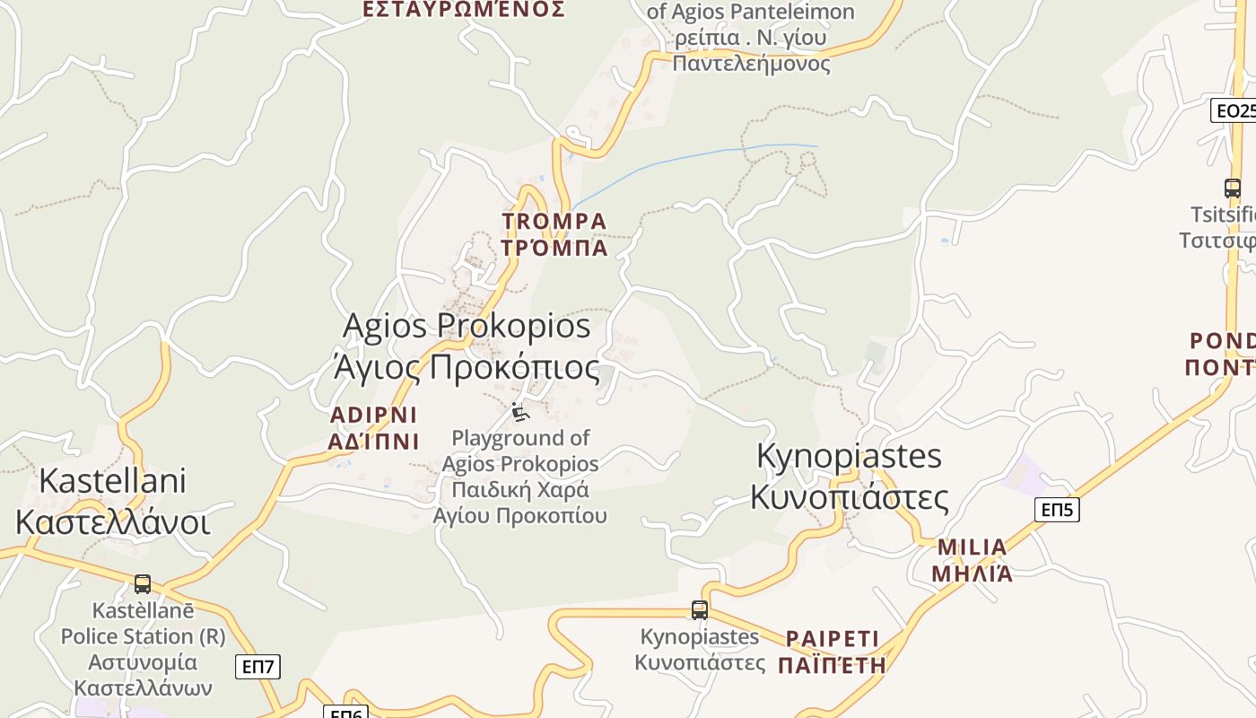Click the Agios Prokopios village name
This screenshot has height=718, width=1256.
tap(467, 346)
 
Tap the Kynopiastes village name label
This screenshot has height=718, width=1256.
tap(849, 476)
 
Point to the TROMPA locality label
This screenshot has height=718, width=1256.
tap(554, 234)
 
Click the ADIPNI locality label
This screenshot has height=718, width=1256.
tap(374, 427)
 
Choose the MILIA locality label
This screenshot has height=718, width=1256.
tap(972, 560)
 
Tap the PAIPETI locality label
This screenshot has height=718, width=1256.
tap(832, 652)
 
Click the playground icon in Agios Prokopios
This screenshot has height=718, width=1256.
tap(520, 412)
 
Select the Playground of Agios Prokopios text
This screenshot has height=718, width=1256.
tap(520, 477)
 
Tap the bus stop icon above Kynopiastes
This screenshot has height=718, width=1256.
tap(700, 610)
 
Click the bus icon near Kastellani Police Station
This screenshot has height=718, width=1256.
tap(143, 584)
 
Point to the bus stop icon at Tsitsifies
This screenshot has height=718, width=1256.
tap(1233, 188)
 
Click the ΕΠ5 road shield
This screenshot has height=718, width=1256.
tap(1057, 510)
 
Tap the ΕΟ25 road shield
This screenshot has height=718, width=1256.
tap(1234, 110)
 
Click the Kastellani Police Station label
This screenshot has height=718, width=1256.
tap(144, 649)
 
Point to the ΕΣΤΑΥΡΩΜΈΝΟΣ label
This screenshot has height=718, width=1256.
tap(463, 9)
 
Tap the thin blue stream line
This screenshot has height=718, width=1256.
tap(682, 159)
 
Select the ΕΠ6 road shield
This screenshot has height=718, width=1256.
tap(345, 712)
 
